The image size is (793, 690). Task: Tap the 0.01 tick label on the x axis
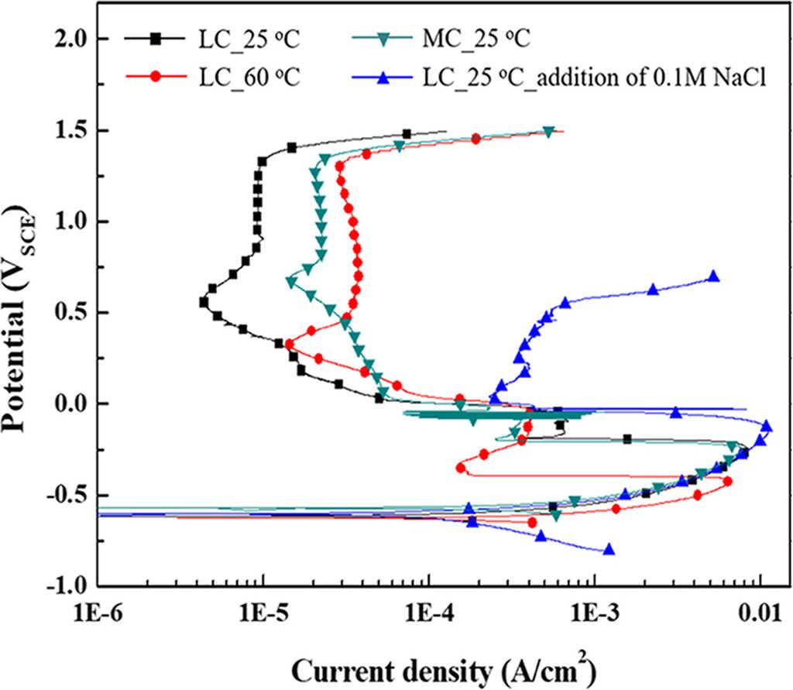(760, 616)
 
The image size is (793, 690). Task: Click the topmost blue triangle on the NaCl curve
(714, 276)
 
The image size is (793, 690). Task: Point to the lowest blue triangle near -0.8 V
(609, 550)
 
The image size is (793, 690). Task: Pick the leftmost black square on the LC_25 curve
(204, 302)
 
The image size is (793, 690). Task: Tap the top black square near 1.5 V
(407, 134)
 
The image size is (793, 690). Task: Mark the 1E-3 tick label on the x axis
(594, 616)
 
